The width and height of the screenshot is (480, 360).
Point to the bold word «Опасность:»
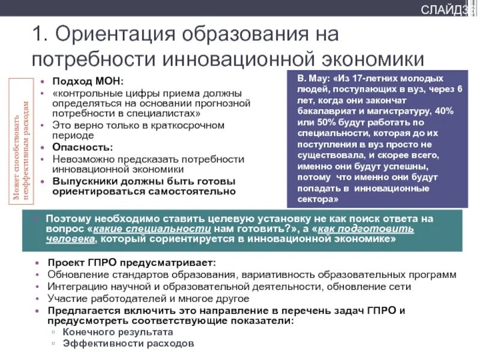coord(82,147)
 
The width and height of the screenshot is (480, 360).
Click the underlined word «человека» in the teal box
coord(71,239)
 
